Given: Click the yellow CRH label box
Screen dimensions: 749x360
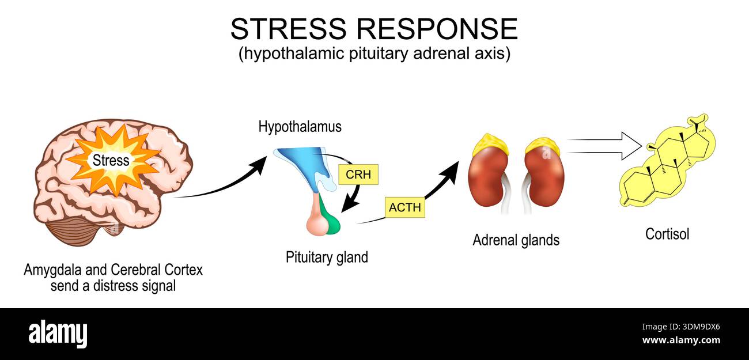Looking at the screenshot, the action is [358, 175].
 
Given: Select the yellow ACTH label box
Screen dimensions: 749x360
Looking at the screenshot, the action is [405, 207].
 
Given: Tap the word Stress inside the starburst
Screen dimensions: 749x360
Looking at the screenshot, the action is [111, 161].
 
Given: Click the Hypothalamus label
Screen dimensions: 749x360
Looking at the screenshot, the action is [300, 127].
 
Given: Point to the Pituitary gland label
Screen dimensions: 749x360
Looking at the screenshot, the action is [327, 257].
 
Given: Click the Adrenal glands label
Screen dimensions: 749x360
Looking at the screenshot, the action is [516, 240].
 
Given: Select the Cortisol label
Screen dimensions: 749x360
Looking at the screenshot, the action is [667, 234].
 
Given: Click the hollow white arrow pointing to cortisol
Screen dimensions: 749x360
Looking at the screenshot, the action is [604, 146].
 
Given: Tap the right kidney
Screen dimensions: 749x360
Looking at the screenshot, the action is [544, 177].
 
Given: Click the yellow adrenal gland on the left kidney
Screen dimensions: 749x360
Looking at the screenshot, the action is [490, 144].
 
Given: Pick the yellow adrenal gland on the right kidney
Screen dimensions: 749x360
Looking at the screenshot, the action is [543, 146].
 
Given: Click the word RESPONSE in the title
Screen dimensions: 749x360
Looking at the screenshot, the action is [437, 29].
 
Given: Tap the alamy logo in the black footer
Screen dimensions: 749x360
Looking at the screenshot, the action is [58, 335].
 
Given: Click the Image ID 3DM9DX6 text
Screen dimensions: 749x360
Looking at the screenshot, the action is [681, 327].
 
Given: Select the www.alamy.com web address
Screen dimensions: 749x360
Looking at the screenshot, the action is [681, 340].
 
